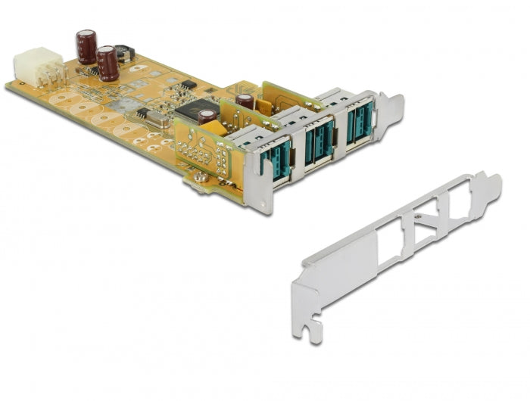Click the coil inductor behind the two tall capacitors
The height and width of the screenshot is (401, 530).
click(x=125, y=52)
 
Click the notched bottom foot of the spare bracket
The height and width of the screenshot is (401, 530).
click(x=310, y=328)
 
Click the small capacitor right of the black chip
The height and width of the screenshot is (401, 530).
click(x=206, y=116)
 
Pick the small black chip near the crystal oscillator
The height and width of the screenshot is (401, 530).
click(x=142, y=113)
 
